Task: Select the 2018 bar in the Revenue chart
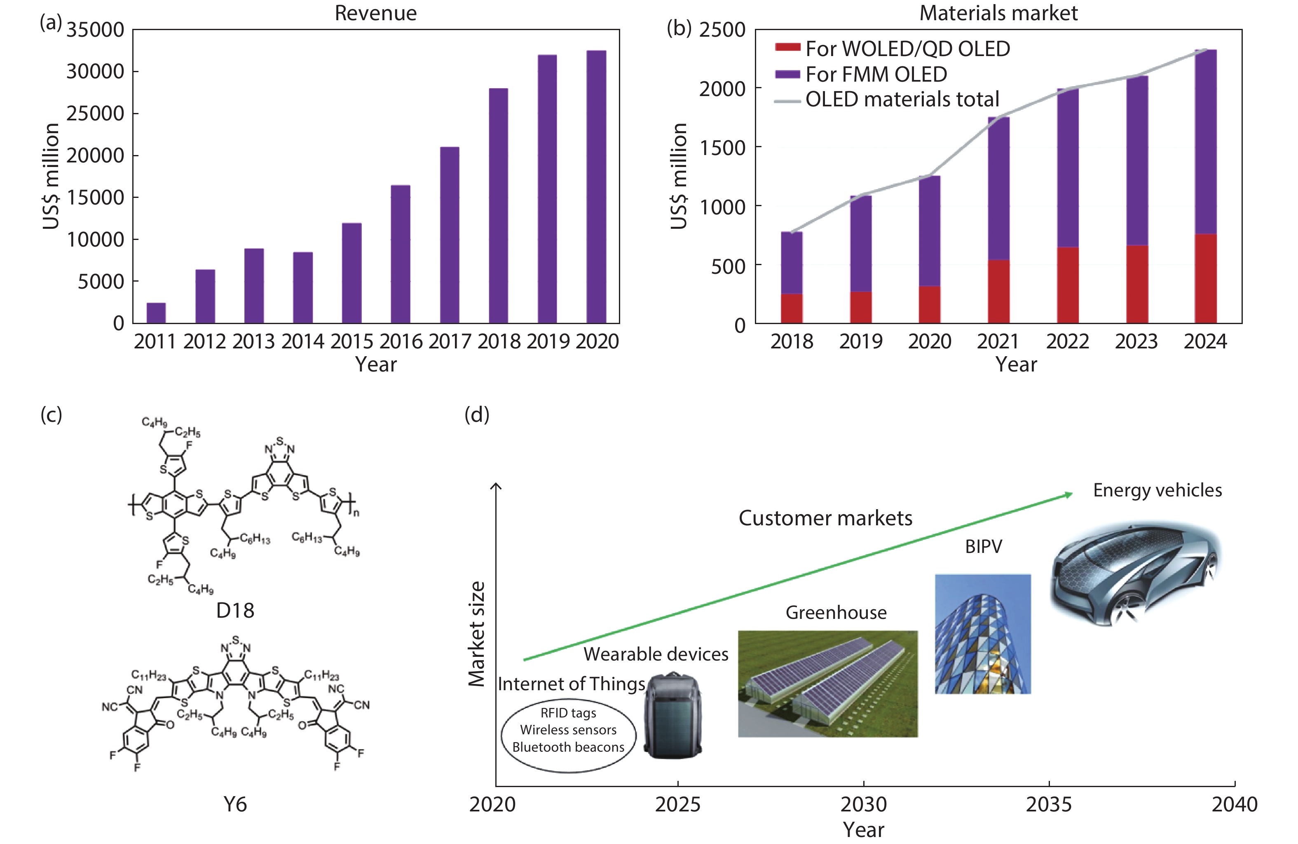[x=498, y=206]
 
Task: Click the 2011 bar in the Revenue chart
[x=156, y=313]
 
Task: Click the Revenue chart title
[x=375, y=13]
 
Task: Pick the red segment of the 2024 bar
[x=1205, y=279]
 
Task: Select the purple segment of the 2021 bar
[x=998, y=188]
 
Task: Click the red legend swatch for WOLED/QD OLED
[x=787, y=48]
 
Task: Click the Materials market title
[x=998, y=13]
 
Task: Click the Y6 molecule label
[x=235, y=804]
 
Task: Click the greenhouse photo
[x=827, y=684]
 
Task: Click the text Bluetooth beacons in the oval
[x=568, y=747]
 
